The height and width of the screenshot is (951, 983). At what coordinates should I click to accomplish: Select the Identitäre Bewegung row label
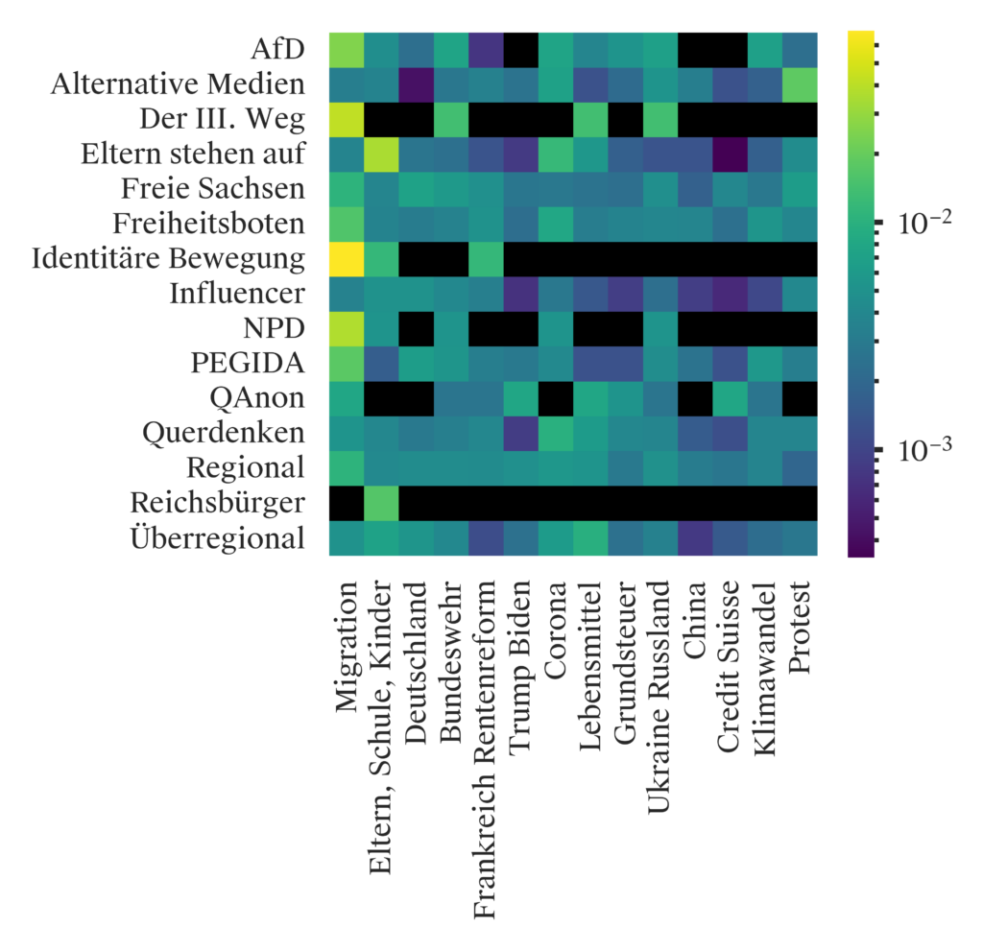[x=168, y=259]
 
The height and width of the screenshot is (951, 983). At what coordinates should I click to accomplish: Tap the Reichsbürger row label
[x=220, y=503]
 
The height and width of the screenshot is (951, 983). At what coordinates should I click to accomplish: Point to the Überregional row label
[x=217, y=537]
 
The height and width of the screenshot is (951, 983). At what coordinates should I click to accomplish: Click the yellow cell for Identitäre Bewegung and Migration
[x=348, y=258]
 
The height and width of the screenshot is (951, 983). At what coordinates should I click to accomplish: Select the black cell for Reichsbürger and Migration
[x=348, y=502]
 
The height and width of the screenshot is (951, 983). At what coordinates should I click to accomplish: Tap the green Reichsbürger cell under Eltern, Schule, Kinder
[x=382, y=502]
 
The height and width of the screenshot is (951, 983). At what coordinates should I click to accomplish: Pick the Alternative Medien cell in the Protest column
[x=799, y=84]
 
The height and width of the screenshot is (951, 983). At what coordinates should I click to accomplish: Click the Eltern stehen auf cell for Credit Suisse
[x=730, y=154]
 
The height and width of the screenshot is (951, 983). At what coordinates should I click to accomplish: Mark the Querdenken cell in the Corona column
[x=556, y=433]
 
